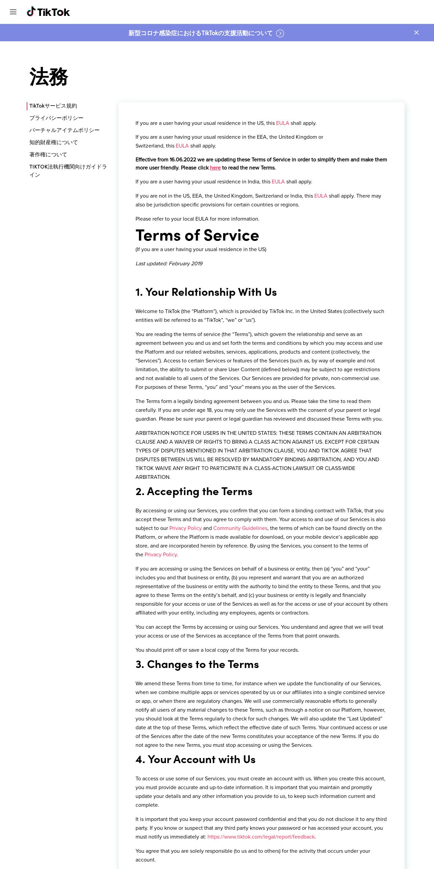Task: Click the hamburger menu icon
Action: tap(13, 12)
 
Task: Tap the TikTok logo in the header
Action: tap(48, 12)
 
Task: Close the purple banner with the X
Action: tap(416, 32)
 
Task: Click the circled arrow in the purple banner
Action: tap(280, 33)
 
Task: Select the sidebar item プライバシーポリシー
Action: tap(56, 118)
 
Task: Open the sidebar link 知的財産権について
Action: tap(53, 142)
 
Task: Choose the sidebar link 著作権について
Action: tap(48, 155)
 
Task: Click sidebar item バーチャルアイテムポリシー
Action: tap(64, 130)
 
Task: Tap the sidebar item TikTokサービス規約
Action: tap(53, 106)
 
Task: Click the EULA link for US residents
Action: tap(283, 123)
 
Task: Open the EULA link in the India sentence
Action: tap(278, 182)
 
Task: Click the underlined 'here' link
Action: tap(215, 168)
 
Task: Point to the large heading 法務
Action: tap(49, 77)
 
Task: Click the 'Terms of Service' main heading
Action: tap(197, 236)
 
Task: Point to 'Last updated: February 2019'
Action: tap(169, 264)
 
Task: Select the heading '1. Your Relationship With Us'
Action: tap(206, 292)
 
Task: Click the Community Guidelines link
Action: tap(240, 528)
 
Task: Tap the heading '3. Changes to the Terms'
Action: tap(197, 664)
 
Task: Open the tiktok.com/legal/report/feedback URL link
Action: tap(261, 837)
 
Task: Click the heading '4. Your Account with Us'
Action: tap(195, 759)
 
